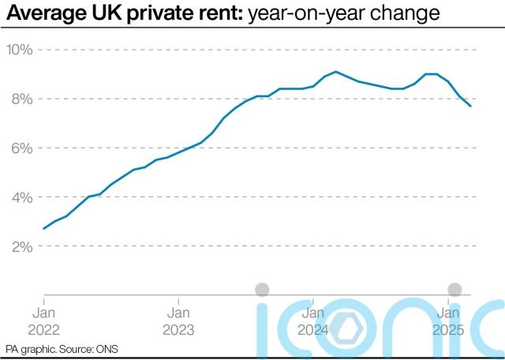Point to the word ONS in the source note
(x=106, y=349)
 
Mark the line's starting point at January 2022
(x=43, y=228)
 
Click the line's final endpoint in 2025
(x=471, y=106)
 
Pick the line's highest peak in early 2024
(x=336, y=72)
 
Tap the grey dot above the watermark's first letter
(x=263, y=290)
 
